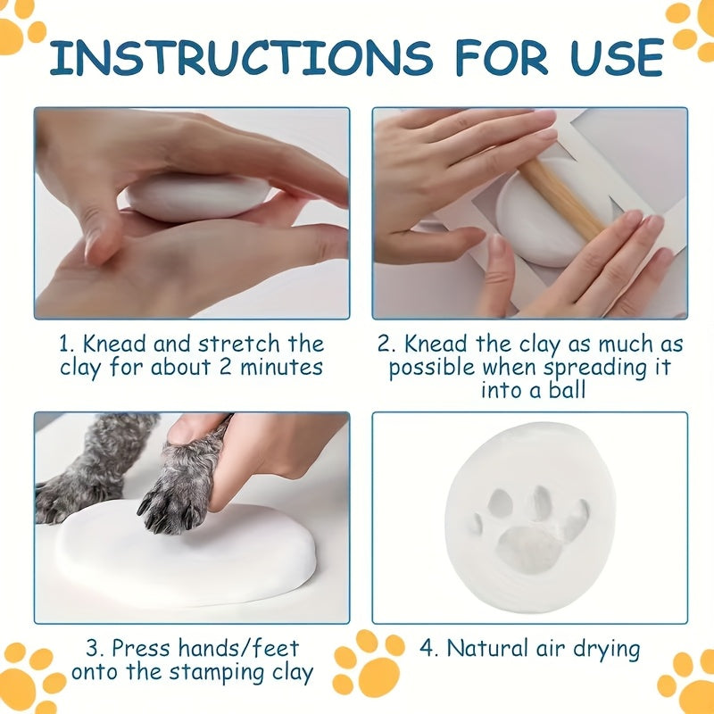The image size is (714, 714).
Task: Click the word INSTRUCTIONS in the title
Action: (x=241, y=58)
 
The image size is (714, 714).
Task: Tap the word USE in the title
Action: (x=617, y=58)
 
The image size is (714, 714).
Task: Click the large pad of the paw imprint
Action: (x=530, y=550)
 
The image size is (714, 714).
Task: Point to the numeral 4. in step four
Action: (x=428, y=649)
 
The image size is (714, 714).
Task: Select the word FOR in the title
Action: (x=502, y=58)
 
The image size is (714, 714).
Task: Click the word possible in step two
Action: (x=432, y=368)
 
